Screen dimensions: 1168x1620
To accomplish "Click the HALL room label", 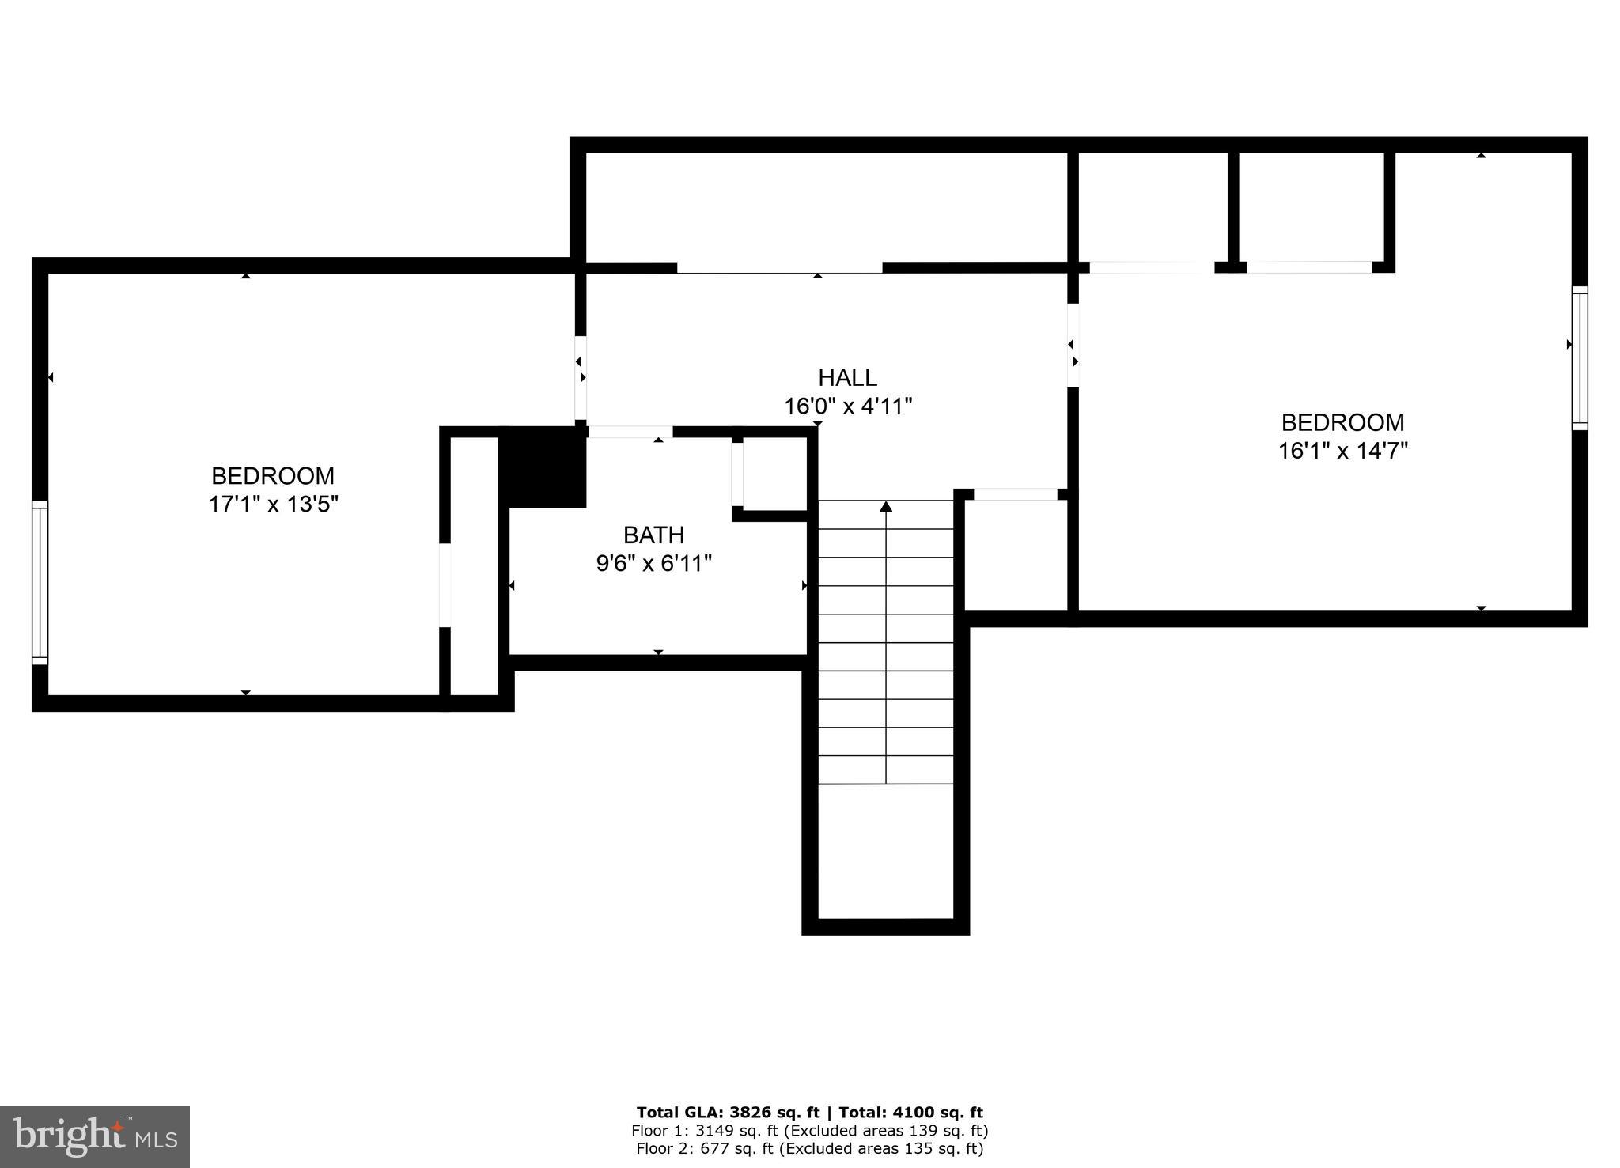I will coord(847,377).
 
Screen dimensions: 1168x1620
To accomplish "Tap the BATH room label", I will coord(653,535).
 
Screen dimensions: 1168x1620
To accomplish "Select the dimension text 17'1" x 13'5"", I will coord(274,505).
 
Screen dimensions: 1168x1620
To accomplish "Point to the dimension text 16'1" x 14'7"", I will coord(1343,451).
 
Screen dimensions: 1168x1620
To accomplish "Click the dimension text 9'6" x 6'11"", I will coord(653,564).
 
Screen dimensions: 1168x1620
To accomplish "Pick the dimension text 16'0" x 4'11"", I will coord(848,406).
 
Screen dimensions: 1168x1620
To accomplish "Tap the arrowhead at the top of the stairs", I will coord(886,506).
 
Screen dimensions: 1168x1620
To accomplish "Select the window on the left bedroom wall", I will coord(40,583).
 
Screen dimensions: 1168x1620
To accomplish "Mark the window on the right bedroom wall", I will coord(1579,358).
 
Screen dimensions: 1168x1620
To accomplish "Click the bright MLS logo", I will coord(94,1137).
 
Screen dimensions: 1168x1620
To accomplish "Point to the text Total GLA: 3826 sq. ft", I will coord(728,1113).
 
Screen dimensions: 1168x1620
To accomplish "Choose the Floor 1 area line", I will coord(809,1131).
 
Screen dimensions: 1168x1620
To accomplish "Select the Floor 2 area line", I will coord(809,1149).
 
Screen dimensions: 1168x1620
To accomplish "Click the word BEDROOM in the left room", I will coord(273,476).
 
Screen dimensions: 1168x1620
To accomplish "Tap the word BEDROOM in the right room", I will coord(1342,422).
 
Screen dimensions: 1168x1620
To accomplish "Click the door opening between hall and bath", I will coord(630,432).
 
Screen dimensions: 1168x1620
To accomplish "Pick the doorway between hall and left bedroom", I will coord(581,378).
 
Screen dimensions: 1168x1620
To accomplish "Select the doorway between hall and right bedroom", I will coord(1073,346).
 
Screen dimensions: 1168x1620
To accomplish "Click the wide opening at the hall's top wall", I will coord(779,268).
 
